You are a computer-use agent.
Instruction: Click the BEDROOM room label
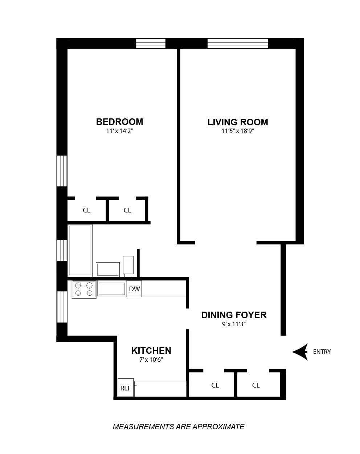click(x=119, y=122)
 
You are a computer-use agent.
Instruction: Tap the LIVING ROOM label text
click(x=238, y=122)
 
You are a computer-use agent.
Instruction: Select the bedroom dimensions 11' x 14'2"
click(x=119, y=131)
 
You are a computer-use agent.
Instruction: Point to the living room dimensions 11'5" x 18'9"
click(x=238, y=131)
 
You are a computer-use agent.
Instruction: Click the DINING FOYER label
click(x=234, y=315)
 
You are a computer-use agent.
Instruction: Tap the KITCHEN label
click(x=151, y=350)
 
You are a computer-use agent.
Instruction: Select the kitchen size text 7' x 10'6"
click(x=151, y=360)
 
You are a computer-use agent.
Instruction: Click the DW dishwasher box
click(x=134, y=289)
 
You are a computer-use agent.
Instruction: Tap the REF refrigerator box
click(x=126, y=388)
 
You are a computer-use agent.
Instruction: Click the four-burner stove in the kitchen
click(x=84, y=289)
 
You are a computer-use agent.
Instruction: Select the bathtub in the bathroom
click(x=80, y=250)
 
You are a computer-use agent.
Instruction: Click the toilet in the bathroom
click(x=128, y=265)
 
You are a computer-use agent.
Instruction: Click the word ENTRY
click(x=322, y=352)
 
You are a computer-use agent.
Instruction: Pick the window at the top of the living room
click(x=238, y=43)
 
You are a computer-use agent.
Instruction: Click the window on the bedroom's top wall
click(x=151, y=43)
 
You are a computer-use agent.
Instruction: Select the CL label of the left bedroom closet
click(x=86, y=210)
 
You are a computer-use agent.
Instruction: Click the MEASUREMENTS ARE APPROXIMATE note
click(x=179, y=427)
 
